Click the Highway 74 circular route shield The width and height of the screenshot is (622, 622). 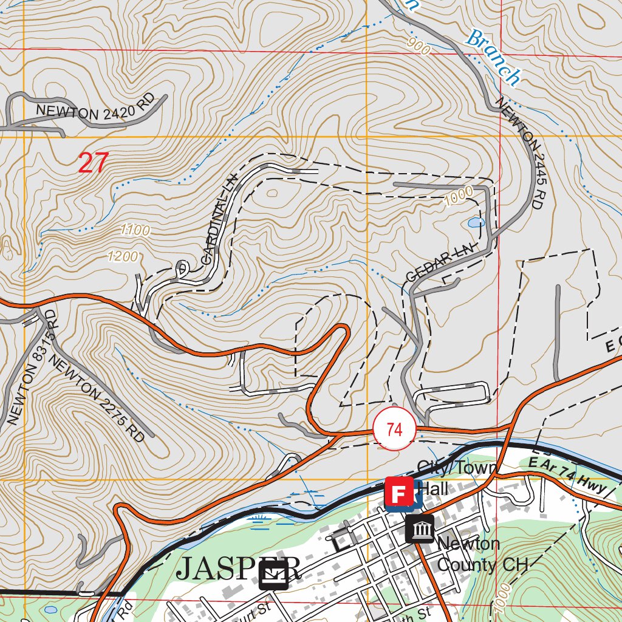[x=394, y=430]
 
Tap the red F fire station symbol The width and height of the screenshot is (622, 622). [x=399, y=492]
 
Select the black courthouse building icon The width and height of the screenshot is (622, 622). [x=420, y=528]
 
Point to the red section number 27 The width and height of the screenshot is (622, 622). [x=93, y=163]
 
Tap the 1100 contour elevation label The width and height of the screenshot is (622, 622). [x=135, y=230]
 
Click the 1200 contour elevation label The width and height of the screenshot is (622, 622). [x=123, y=256]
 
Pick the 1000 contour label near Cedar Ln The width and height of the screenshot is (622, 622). [x=458, y=196]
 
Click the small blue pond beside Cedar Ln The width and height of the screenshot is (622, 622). [x=476, y=223]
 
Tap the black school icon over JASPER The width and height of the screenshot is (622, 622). [x=273, y=575]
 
